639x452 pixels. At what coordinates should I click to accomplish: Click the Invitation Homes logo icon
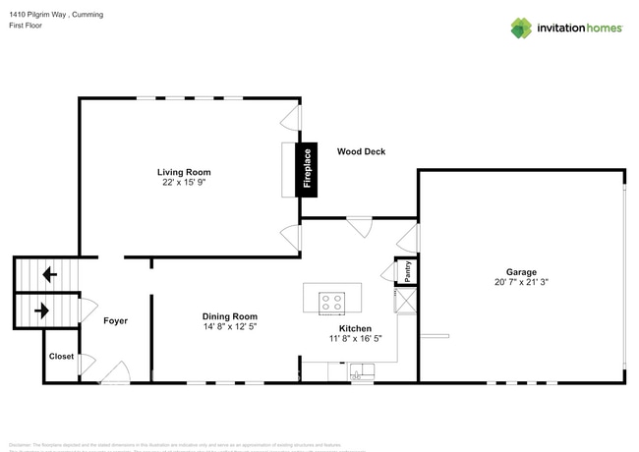[x=520, y=28]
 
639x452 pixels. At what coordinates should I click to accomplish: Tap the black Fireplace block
[x=308, y=168]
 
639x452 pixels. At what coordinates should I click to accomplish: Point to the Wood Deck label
[x=361, y=151]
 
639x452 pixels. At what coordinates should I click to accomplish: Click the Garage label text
[x=521, y=272]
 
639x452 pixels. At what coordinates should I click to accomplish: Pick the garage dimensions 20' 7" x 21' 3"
[x=521, y=282]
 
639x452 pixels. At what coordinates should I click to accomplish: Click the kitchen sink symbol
[x=361, y=370]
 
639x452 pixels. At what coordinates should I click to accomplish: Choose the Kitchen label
[x=354, y=328]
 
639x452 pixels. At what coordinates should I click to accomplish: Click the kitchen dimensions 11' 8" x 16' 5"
[x=354, y=338]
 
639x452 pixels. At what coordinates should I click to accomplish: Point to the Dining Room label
[x=230, y=316]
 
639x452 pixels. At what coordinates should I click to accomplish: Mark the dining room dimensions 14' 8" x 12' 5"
[x=230, y=326]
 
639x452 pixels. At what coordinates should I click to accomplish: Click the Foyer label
[x=115, y=321]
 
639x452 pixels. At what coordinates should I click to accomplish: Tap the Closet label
[x=61, y=357]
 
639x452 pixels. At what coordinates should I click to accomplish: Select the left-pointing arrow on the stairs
[x=48, y=274]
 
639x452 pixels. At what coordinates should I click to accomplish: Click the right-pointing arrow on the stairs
[x=42, y=311]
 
